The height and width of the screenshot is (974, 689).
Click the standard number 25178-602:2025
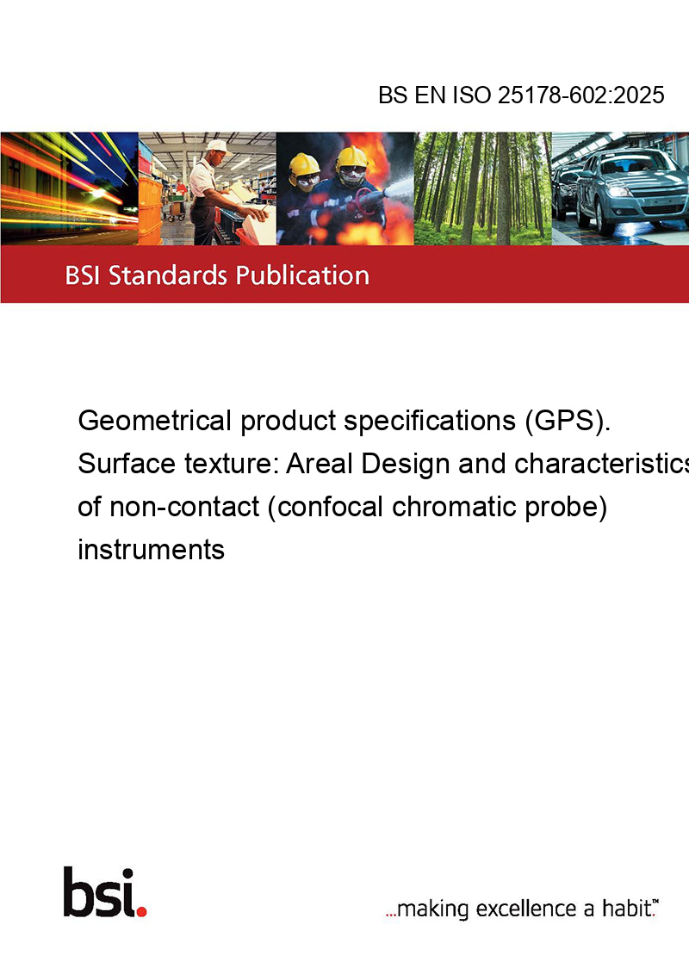(580, 95)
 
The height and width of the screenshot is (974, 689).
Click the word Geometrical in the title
(155, 421)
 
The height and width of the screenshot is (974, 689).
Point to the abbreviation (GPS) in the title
(567, 421)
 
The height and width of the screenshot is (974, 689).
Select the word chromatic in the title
(454, 507)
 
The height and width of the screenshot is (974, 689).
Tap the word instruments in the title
(151, 550)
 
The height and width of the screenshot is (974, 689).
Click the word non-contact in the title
(184, 507)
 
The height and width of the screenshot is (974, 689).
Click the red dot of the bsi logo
(141, 910)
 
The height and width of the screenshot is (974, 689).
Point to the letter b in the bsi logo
(78, 892)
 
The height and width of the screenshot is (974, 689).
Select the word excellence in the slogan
(526, 909)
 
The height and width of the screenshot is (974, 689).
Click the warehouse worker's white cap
(218, 146)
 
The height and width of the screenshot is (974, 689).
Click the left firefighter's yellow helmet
(303, 164)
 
